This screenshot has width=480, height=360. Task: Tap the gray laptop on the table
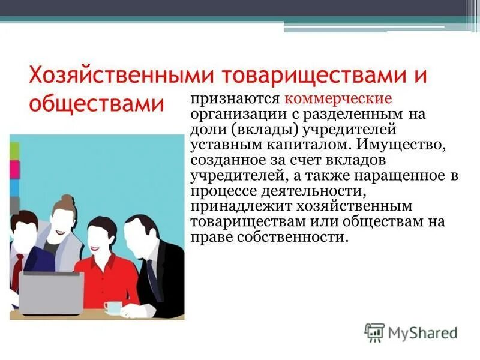pyautogui.click(x=51, y=293)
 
